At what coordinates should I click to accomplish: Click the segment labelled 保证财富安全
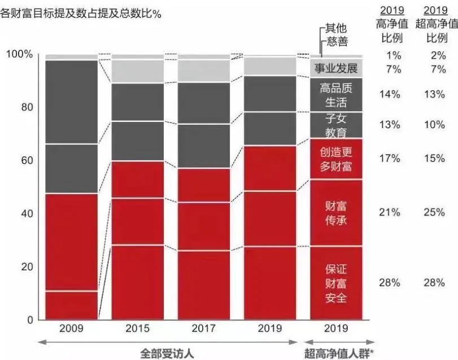[336, 283]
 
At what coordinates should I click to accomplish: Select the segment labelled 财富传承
[336, 213]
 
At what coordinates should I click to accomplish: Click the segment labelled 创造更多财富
[336, 159]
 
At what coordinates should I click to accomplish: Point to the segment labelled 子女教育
[336, 125]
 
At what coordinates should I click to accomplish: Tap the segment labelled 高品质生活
[336, 95]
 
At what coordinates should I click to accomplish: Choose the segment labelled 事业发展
[336, 69]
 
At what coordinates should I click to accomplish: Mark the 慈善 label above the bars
[337, 41]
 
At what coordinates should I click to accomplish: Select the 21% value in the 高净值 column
[390, 212]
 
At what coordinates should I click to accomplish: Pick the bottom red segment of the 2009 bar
[71, 305]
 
